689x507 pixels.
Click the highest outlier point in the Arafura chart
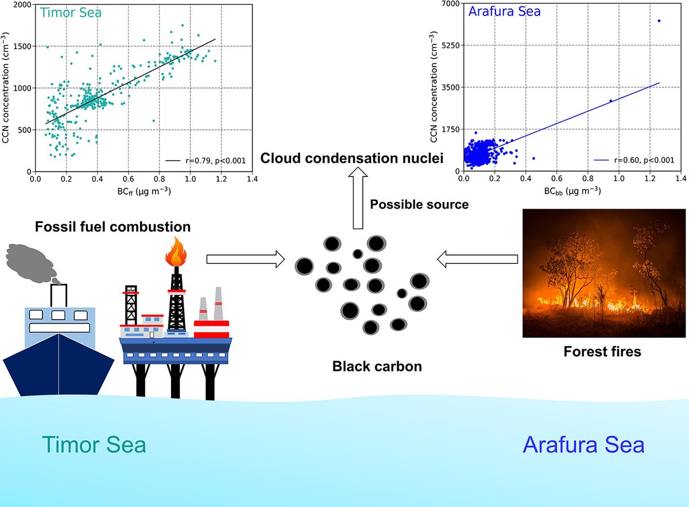pos(659,21)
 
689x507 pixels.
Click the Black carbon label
pos(377,365)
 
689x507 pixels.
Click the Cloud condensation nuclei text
pos(352,157)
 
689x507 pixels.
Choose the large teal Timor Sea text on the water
pos(94,445)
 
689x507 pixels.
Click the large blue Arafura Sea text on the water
pos(583,445)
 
